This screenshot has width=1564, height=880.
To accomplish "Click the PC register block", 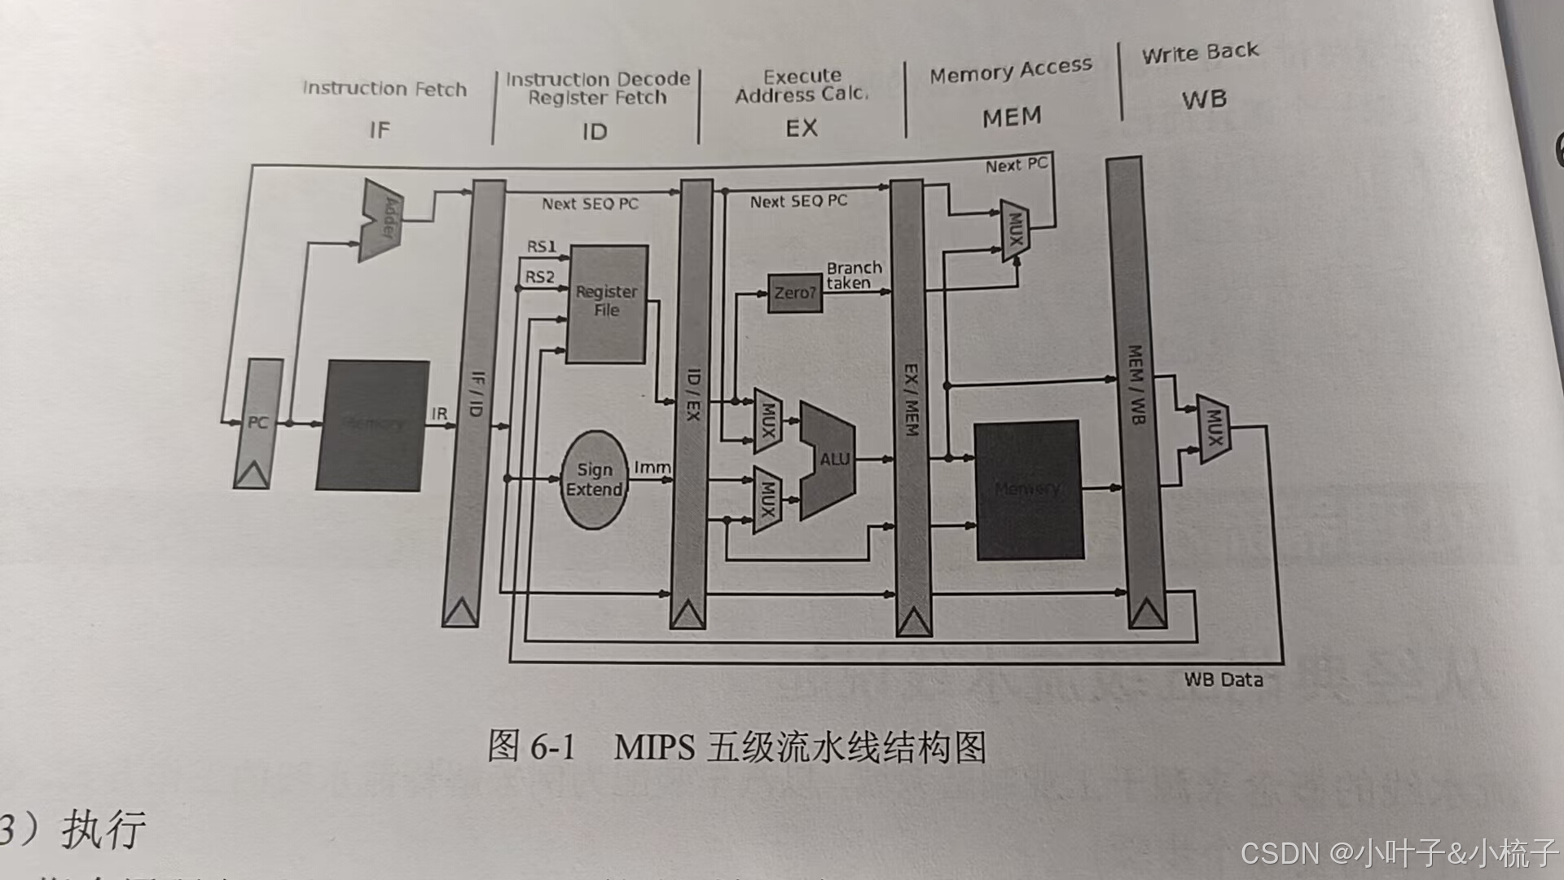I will (257, 423).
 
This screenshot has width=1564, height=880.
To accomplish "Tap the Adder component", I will (380, 220).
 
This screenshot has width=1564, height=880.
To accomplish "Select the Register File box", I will (607, 303).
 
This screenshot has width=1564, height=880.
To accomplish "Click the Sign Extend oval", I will (594, 480).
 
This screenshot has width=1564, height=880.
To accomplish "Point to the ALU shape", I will (829, 460).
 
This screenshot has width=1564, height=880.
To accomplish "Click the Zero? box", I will (794, 293).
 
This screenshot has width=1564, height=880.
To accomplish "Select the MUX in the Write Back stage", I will (1213, 428).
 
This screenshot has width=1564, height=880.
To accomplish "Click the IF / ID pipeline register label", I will (477, 394).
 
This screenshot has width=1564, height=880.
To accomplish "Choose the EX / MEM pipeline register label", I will (911, 399).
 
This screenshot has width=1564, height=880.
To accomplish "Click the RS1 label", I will (541, 246).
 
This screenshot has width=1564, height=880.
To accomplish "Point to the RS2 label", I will (539, 277).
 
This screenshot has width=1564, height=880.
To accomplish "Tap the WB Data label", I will (1223, 680).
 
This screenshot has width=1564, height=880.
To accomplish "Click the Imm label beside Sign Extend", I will (652, 468).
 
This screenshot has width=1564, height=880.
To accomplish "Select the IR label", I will (439, 414).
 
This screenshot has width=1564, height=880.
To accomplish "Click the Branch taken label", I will (853, 275).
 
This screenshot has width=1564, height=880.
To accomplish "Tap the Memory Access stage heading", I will (1010, 71).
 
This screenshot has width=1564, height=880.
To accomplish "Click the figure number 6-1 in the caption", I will (552, 746).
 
